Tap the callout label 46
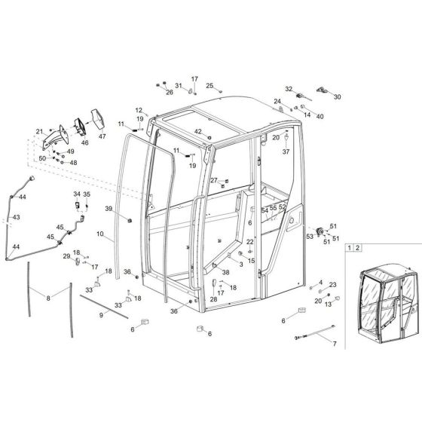(x=84, y=142)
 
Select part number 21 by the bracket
(x=40, y=132)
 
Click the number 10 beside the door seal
(x=100, y=235)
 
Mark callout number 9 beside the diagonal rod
(x=100, y=315)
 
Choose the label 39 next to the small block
(x=109, y=209)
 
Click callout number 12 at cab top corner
(x=139, y=110)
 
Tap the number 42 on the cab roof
(x=199, y=132)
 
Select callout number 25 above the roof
(x=209, y=85)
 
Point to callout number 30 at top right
(x=337, y=96)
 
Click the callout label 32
(x=288, y=88)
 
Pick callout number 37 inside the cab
(x=286, y=151)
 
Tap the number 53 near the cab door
(x=309, y=237)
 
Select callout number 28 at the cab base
(x=213, y=300)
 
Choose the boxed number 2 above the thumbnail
(x=359, y=247)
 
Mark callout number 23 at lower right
(x=333, y=284)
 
